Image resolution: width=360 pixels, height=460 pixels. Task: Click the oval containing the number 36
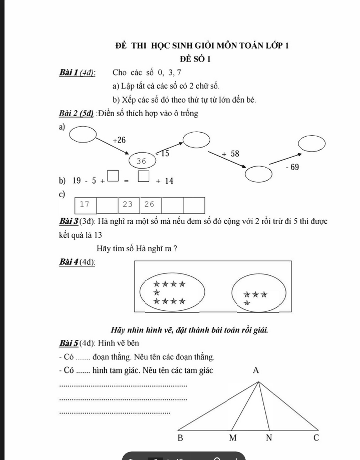[141, 161]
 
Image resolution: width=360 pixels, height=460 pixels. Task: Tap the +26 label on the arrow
[119, 140]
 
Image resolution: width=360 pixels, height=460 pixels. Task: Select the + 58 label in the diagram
[230, 154]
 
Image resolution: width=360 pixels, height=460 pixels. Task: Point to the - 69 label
[291, 167]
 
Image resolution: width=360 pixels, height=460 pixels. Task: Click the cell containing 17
[85, 204]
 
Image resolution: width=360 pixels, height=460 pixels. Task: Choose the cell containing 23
[128, 204]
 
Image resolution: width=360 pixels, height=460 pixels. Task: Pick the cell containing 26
[150, 204]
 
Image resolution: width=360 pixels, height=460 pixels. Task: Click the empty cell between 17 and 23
[106, 205]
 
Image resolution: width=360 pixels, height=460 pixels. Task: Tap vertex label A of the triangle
[256, 371]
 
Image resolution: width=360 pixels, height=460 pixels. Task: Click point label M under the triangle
[232, 438]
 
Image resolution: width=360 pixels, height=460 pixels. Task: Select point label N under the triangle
[268, 438]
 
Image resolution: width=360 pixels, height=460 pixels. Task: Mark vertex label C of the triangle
[315, 438]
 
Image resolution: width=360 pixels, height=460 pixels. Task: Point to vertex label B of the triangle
[181, 438]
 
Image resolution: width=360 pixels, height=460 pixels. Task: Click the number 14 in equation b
[168, 181]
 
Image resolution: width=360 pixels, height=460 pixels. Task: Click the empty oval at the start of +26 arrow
[83, 135]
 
